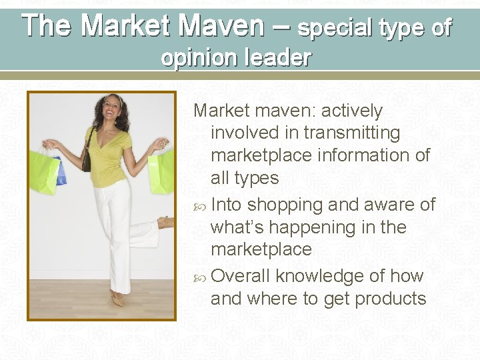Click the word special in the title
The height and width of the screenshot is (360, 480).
[x=335, y=28]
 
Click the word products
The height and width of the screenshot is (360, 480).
[x=390, y=299]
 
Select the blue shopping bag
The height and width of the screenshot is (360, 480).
[x=61, y=171]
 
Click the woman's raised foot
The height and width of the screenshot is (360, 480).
[x=166, y=222]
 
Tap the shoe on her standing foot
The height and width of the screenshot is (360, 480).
[x=117, y=300]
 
